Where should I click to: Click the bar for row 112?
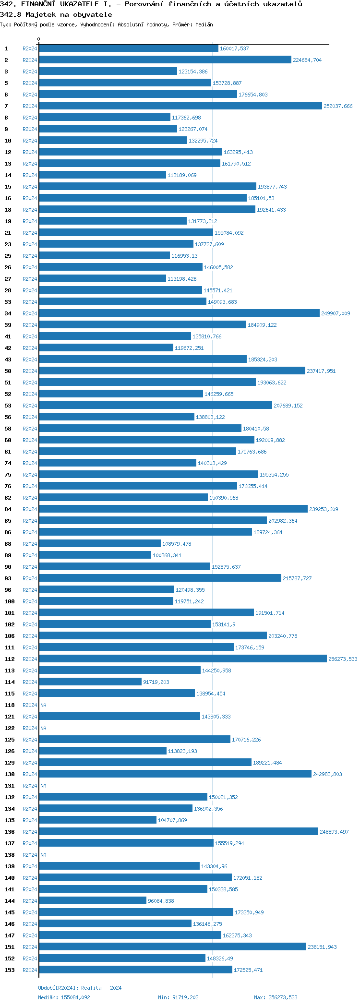click(182, 659)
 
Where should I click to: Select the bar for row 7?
click(180, 106)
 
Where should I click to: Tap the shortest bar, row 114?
click(90, 682)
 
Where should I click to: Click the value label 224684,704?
click(307, 60)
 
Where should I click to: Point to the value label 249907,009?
click(336, 313)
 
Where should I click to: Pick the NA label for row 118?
click(43, 705)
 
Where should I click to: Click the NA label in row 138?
click(43, 855)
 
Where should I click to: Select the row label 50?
click(8, 371)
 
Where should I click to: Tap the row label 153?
click(10, 970)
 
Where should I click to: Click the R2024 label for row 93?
click(30, 578)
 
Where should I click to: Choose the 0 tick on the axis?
click(39, 39)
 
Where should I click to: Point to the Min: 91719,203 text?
click(178, 997)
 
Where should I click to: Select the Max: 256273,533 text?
click(276, 997)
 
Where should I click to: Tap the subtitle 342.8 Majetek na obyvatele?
click(56, 14)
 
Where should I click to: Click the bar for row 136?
click(178, 831)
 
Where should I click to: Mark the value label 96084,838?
click(161, 901)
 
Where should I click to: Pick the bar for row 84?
click(173, 509)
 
